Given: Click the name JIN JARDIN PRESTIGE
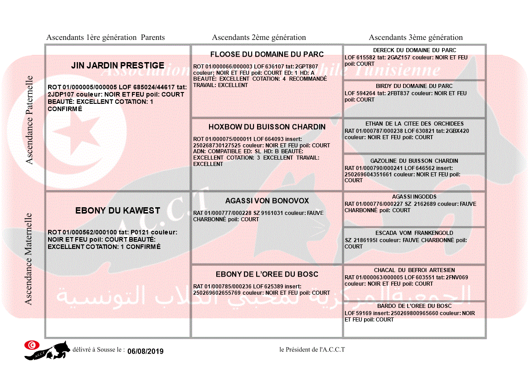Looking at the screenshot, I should [117, 66].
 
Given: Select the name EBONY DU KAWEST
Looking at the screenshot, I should [117, 211].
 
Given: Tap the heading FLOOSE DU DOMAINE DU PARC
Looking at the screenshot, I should [267, 54].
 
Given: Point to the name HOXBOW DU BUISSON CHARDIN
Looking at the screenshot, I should [267, 127].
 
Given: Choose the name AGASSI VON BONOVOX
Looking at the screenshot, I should [267, 201].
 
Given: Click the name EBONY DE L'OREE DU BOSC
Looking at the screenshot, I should [267, 274].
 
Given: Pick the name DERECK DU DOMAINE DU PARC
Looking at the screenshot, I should [414, 50].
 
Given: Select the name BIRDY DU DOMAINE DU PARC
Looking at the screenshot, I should [414, 86].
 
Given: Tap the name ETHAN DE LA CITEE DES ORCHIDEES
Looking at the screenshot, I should [414, 124].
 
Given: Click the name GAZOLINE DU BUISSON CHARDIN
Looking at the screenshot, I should [414, 161].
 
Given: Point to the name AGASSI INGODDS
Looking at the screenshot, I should [414, 197].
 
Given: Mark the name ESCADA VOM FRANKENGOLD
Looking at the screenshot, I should [414, 233].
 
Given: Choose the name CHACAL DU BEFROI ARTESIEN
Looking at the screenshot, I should [414, 270].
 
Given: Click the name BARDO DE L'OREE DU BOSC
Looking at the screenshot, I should [414, 306].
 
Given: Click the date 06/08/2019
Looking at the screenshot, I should [145, 351].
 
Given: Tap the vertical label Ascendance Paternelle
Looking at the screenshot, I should [29, 120].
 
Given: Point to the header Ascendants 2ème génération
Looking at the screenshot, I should [259, 38].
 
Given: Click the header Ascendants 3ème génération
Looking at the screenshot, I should [416, 38].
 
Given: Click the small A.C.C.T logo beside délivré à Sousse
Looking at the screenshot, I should [47, 350].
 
